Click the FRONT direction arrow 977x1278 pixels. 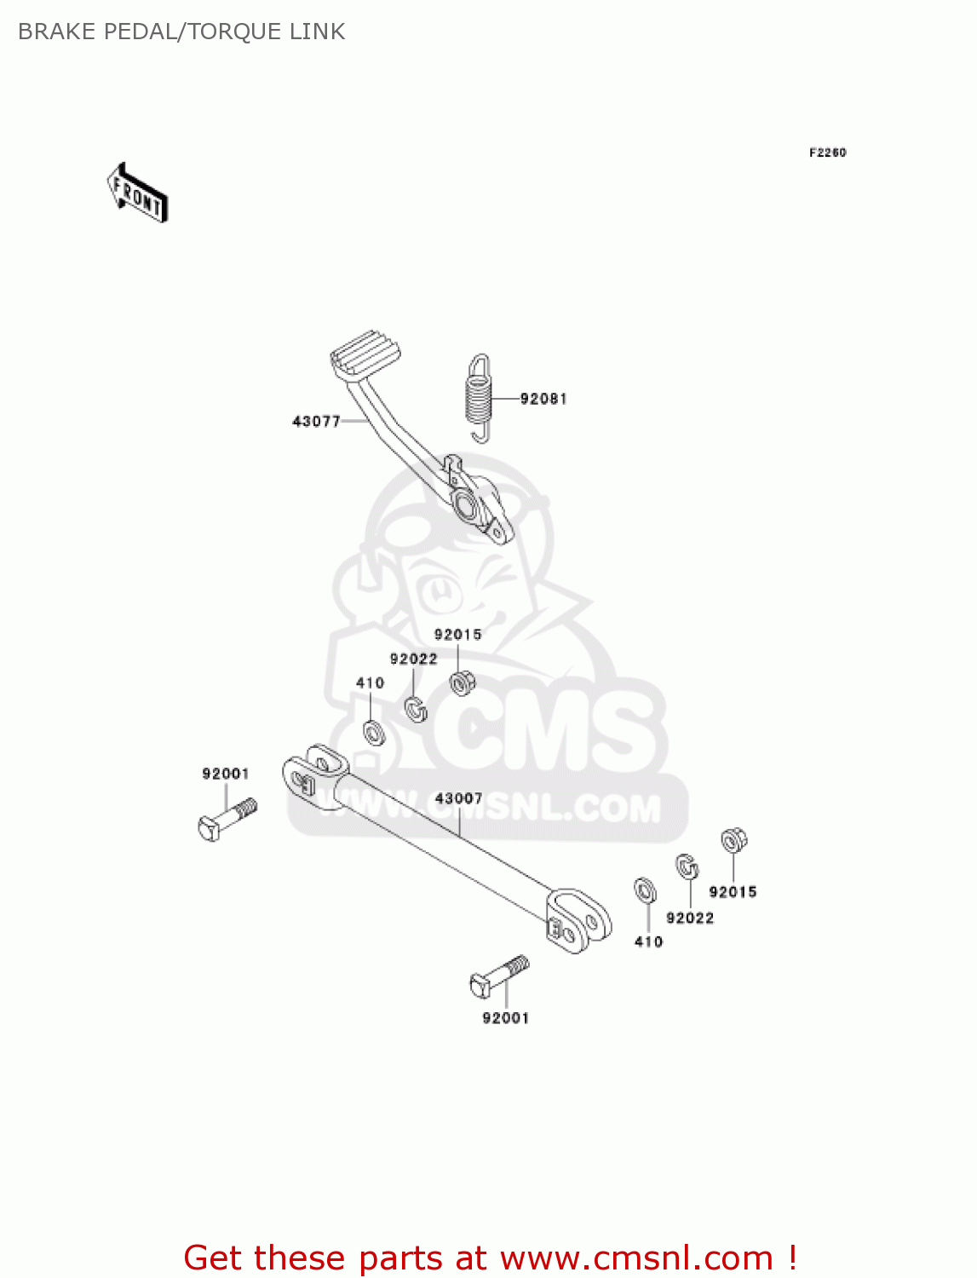(x=137, y=193)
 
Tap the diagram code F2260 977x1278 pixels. (x=827, y=153)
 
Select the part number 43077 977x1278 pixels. (x=316, y=421)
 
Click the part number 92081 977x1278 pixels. (x=543, y=399)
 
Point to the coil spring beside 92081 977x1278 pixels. (x=480, y=398)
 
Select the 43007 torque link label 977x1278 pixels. (x=458, y=798)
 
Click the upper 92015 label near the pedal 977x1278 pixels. (x=457, y=635)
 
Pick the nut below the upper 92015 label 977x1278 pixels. (x=462, y=682)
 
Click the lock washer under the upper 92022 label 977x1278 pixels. (x=416, y=708)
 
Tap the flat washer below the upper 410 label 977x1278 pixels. (x=373, y=731)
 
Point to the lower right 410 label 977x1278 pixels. (x=648, y=941)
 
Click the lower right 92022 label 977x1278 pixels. (x=690, y=918)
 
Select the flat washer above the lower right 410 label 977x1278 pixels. (x=646, y=890)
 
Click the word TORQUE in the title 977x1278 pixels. (x=225, y=32)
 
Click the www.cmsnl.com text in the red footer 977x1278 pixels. (x=636, y=1258)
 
